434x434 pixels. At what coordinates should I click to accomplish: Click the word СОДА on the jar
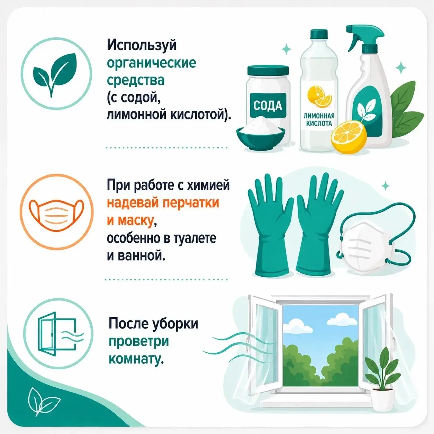[268, 106]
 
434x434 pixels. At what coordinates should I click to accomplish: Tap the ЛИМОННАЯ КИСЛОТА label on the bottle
[319, 120]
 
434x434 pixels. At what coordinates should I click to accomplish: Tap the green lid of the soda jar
[268, 71]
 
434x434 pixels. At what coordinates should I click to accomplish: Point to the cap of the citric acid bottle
[319, 34]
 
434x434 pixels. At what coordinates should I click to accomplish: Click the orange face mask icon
[56, 212]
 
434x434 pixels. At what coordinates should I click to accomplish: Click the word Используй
[142, 46]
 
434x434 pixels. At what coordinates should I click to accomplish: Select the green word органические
[151, 64]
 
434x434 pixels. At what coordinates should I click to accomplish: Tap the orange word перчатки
[191, 203]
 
